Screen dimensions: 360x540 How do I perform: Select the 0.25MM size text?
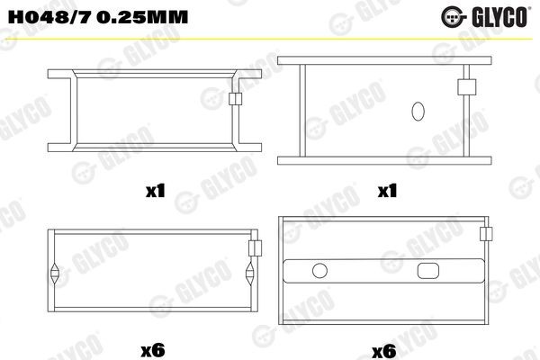pos(106,14)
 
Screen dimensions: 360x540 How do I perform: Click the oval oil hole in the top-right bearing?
pos(417,112)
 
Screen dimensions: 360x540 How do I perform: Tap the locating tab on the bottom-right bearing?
pos(487,233)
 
